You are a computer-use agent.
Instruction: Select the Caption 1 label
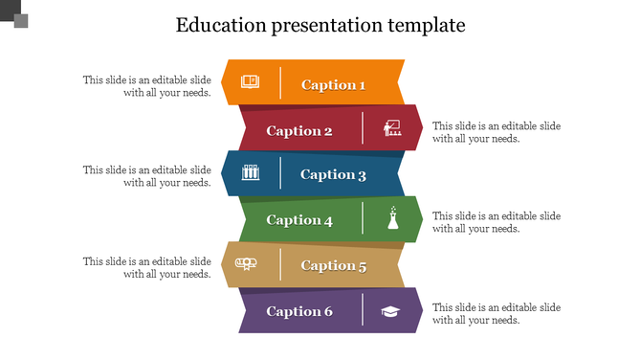pyautogui.click(x=333, y=85)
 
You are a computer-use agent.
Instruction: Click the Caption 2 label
pyautogui.click(x=298, y=131)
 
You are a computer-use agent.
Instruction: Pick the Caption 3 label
pyautogui.click(x=333, y=174)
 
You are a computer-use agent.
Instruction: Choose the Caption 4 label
pyautogui.click(x=298, y=220)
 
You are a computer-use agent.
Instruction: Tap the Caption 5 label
pyautogui.click(x=333, y=266)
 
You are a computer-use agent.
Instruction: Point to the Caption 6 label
pyautogui.click(x=298, y=311)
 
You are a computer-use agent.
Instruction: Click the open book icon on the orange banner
pyautogui.click(x=250, y=82)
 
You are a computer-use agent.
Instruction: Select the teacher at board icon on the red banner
pyautogui.click(x=390, y=127)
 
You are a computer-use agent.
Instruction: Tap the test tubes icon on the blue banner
pyautogui.click(x=251, y=173)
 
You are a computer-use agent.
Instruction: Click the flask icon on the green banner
pyautogui.click(x=391, y=218)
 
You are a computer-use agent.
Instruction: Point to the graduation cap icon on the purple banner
pyautogui.click(x=391, y=310)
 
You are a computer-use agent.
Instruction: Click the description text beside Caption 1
pyautogui.click(x=146, y=86)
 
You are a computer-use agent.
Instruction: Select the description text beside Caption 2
pyautogui.click(x=497, y=132)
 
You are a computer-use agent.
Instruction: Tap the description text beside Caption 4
pyautogui.click(x=497, y=222)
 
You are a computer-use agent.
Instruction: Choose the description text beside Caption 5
pyautogui.click(x=146, y=267)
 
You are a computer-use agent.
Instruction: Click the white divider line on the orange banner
pyautogui.click(x=280, y=83)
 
